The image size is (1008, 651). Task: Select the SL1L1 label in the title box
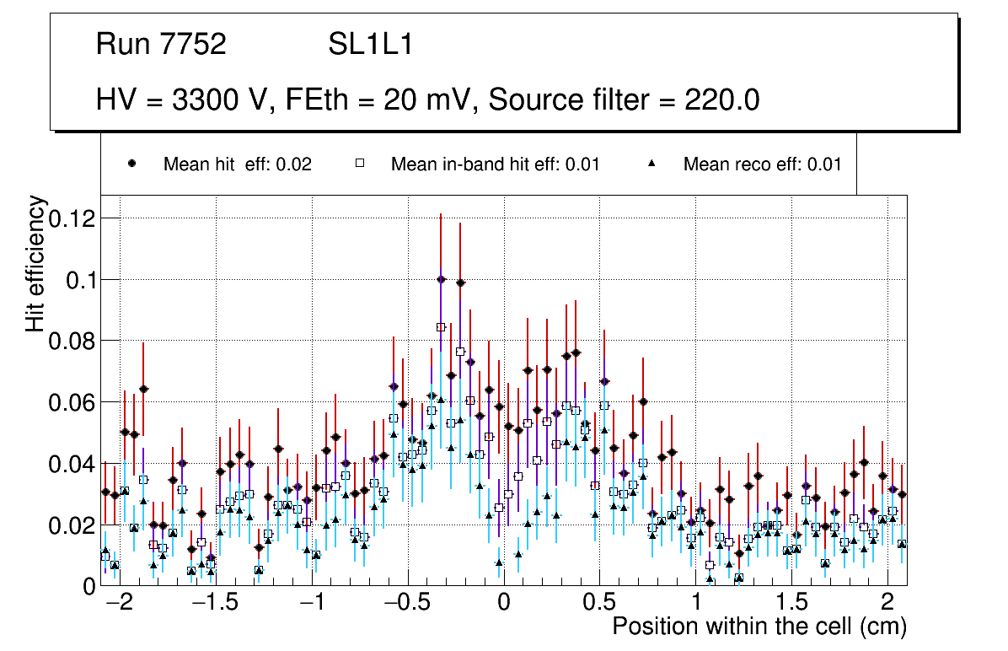[x=370, y=45]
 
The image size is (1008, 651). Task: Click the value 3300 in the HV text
[x=206, y=100]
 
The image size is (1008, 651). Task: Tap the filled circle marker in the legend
[x=132, y=164]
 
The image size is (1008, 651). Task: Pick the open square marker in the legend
[x=359, y=164]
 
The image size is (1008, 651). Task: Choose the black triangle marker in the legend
[x=652, y=164]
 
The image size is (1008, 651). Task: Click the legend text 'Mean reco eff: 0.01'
[x=762, y=164]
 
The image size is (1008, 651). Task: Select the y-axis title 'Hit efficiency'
[x=36, y=263]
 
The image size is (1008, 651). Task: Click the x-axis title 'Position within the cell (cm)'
[x=759, y=627]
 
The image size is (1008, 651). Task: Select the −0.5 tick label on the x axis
[x=406, y=604]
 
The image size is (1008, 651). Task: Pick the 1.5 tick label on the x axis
[x=791, y=604]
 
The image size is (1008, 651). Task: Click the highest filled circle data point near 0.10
[x=441, y=279]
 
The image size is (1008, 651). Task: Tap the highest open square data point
[x=441, y=327]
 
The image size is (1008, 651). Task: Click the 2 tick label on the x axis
[x=887, y=604]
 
